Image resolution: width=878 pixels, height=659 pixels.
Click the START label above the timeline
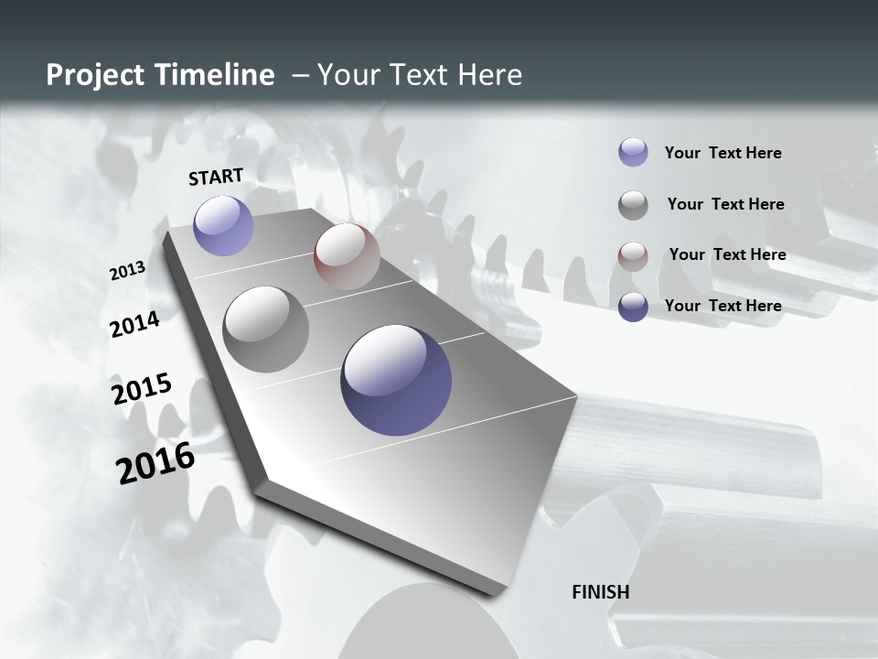pyautogui.click(x=216, y=177)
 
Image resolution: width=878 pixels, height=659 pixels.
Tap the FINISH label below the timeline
pyautogui.click(x=600, y=592)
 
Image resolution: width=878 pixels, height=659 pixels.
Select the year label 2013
pyautogui.click(x=127, y=271)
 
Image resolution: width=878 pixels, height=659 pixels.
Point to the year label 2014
pyautogui.click(x=134, y=324)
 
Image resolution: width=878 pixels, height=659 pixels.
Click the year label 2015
pyautogui.click(x=142, y=389)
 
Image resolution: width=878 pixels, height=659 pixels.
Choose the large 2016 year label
pyautogui.click(x=155, y=463)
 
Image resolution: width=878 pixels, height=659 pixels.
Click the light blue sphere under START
pyautogui.click(x=223, y=225)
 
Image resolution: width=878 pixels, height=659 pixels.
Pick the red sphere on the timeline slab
pyautogui.click(x=347, y=255)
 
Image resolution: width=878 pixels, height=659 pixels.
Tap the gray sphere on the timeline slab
pyautogui.click(x=265, y=329)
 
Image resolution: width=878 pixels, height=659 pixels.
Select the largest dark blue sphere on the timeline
pyautogui.click(x=396, y=380)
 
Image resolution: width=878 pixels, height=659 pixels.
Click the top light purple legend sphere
pyautogui.click(x=633, y=153)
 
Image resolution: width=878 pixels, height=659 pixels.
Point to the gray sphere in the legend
pyautogui.click(x=633, y=205)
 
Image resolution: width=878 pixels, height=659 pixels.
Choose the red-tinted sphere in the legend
pyautogui.click(x=633, y=255)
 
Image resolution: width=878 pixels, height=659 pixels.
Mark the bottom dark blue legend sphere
pyautogui.click(x=633, y=307)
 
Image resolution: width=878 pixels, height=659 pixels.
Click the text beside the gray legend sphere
pyautogui.click(x=725, y=204)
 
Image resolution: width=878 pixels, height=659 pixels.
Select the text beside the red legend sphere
pyautogui.click(x=727, y=254)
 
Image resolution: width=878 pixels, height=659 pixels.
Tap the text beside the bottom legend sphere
pyautogui.click(x=723, y=306)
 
